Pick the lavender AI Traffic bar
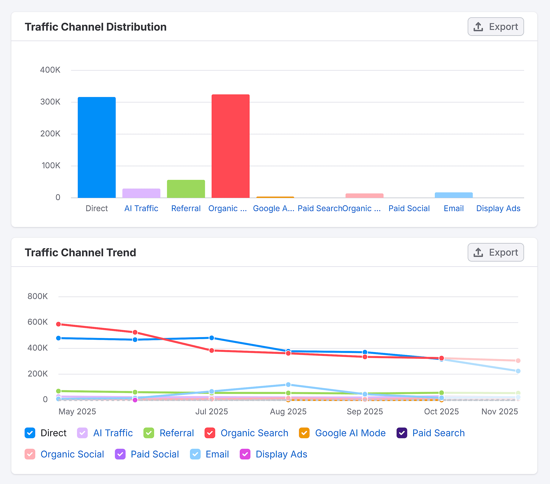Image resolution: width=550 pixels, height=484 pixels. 141,193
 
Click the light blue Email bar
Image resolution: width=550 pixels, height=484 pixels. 453,195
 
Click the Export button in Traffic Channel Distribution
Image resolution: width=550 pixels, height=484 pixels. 495,27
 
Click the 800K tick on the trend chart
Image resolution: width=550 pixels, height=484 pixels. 37,296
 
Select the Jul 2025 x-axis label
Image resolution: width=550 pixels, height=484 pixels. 211,411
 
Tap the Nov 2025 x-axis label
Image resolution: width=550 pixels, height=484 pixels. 499,411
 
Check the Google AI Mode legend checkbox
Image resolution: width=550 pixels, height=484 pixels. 304,433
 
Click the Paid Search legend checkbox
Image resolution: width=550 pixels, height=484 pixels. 402,433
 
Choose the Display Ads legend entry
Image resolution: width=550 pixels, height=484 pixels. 281,454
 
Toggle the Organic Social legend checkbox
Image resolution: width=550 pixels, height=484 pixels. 30,454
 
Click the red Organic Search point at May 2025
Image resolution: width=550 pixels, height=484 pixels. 58,324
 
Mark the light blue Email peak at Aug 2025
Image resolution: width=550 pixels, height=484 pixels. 288,385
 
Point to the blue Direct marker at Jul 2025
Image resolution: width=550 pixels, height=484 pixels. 211,338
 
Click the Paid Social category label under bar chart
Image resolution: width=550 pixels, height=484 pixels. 409,208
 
